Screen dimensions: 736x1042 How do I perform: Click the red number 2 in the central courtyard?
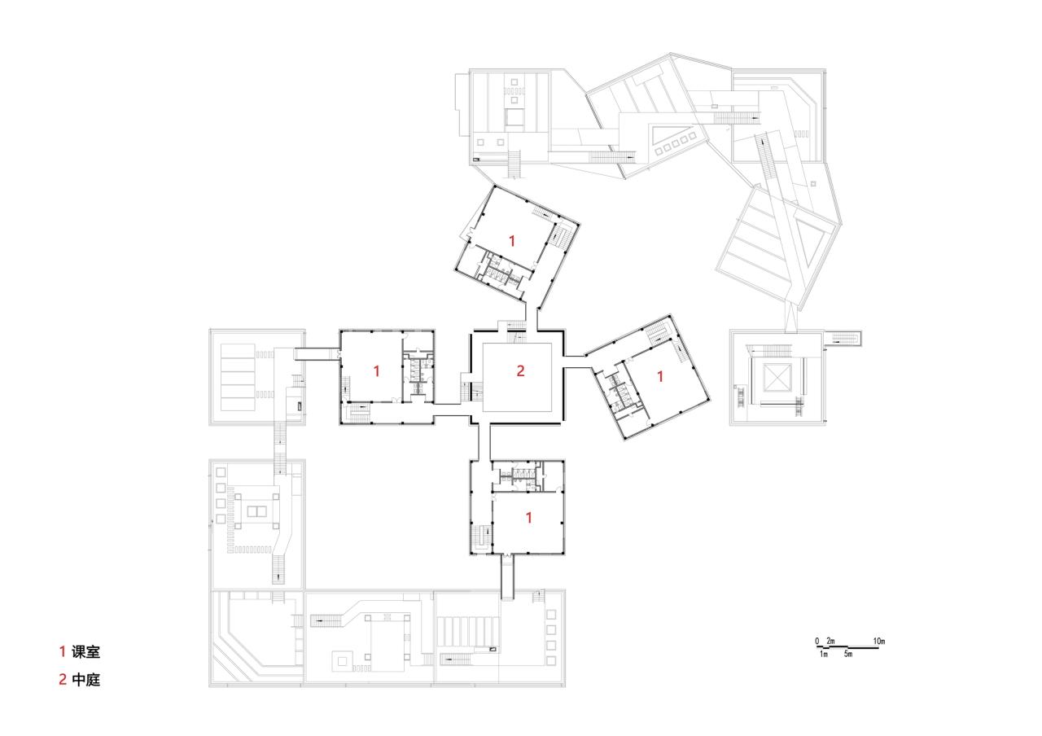[520, 371]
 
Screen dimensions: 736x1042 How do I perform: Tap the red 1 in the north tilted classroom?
[511, 240]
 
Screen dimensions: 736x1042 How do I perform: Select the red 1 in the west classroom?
[376, 370]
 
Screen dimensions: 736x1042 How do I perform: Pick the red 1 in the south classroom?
[529, 517]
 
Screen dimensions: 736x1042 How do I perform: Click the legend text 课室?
[85, 651]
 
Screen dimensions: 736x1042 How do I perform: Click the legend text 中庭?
[85, 679]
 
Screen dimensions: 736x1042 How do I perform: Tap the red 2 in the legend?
[62, 679]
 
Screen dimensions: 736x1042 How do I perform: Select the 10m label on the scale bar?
[879, 642]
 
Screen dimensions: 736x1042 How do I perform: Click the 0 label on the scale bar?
[817, 642]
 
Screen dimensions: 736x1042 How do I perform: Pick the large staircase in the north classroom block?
[560, 237]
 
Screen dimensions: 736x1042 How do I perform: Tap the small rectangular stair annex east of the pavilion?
[843, 338]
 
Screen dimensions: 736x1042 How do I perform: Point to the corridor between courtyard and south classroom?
[483, 440]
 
